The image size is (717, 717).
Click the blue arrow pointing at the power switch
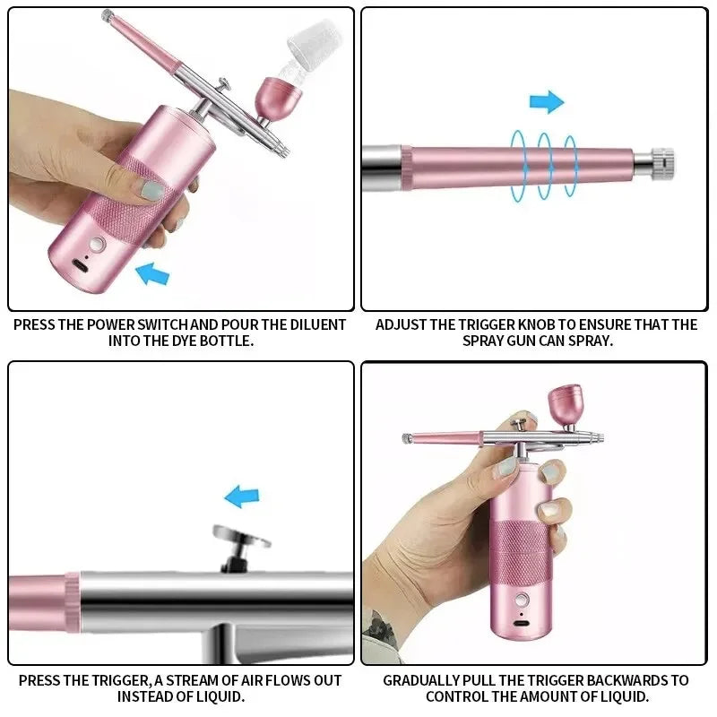point(152,272)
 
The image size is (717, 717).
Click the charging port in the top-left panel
point(82,267)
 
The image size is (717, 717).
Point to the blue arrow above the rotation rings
point(546,102)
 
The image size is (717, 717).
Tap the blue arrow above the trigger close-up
point(241,496)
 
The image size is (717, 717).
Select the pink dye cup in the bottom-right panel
point(564,405)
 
